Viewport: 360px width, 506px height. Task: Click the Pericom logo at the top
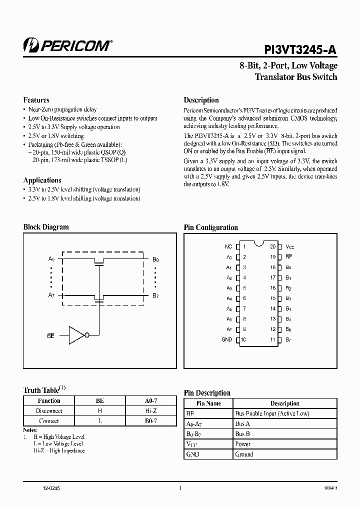67,45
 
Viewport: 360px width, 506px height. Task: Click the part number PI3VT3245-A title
300,48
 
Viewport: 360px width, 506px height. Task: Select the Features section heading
36,100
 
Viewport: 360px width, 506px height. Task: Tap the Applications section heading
42,180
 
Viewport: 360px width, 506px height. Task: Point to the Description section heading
201,100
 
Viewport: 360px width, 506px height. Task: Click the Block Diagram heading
46,227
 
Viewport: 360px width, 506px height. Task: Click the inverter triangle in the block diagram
77,335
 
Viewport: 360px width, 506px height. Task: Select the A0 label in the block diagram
51,258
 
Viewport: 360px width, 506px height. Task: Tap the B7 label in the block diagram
155,295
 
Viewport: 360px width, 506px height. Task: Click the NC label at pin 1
228,246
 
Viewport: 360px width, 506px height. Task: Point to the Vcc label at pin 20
290,246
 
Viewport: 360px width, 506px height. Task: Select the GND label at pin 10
226,339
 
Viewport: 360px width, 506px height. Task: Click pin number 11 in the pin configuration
273,339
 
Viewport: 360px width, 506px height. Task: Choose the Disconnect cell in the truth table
49,410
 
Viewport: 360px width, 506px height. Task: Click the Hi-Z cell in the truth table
151,410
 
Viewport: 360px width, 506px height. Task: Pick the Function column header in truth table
49,400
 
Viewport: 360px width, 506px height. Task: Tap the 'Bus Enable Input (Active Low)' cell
272,413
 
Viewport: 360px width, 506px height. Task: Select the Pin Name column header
209,403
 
